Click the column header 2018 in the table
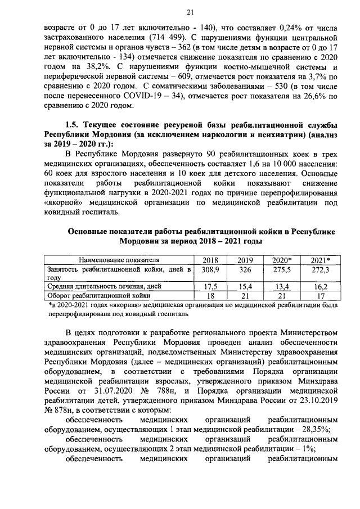coord(210,260)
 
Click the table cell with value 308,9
coord(210,270)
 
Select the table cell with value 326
coord(245,270)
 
